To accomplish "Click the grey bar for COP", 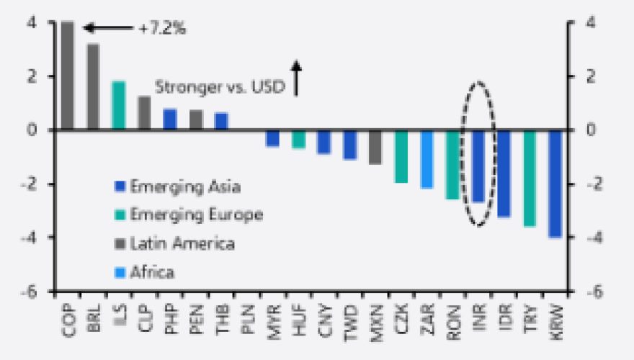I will (67, 76).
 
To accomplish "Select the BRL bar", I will (93, 86).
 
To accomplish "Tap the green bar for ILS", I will (119, 105).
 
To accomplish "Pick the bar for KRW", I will (555, 184).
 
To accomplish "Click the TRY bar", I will (530, 178).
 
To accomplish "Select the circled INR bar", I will (478, 166).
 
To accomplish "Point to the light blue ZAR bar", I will (427, 159).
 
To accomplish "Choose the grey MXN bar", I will (375, 147).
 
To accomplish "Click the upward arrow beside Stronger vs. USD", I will (296, 77).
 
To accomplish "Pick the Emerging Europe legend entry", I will (197, 215).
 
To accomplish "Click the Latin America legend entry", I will (182, 243).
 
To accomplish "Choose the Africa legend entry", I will (152, 271).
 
